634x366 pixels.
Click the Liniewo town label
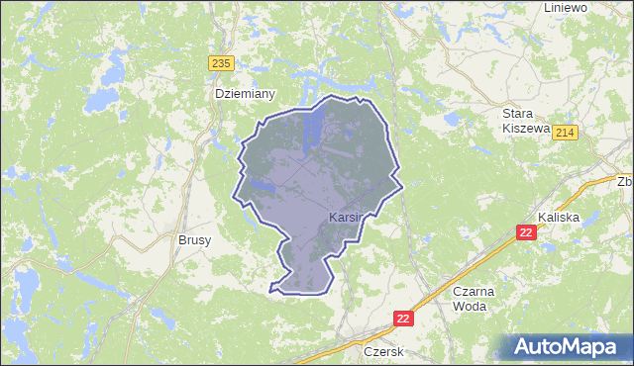pos(566,7)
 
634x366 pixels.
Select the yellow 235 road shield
pos(221,62)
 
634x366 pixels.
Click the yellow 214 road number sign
pos(566,133)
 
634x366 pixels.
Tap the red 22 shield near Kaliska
pos(526,231)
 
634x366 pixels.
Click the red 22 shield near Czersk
pos(402,318)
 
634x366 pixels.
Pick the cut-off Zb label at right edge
pos(624,182)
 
